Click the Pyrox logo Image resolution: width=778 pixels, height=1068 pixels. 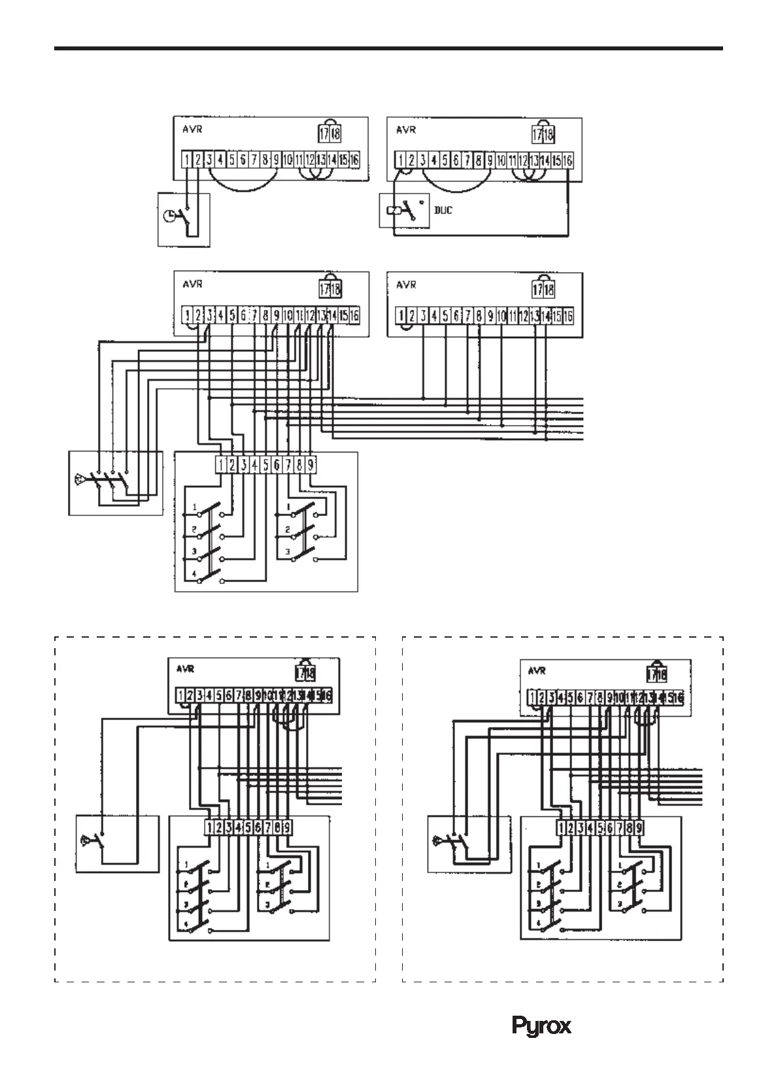click(x=541, y=1025)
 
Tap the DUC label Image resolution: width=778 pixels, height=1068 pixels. click(x=443, y=211)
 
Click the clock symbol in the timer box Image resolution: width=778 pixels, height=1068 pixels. click(x=169, y=215)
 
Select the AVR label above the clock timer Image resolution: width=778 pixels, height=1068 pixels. click(x=192, y=129)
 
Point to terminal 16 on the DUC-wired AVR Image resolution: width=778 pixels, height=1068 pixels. click(x=567, y=160)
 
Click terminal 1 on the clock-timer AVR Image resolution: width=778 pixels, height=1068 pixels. click(x=186, y=159)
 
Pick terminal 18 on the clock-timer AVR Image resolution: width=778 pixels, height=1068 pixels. click(x=336, y=134)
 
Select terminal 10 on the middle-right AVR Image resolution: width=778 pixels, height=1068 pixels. click(x=501, y=316)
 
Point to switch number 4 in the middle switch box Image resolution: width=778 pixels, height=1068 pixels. click(x=194, y=574)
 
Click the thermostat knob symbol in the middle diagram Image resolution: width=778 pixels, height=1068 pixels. click(x=80, y=479)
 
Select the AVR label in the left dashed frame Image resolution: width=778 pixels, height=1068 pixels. click(x=186, y=669)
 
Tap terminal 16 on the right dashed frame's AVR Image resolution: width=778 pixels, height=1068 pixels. click(x=678, y=698)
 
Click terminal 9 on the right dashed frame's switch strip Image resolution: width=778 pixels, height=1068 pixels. click(x=639, y=827)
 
